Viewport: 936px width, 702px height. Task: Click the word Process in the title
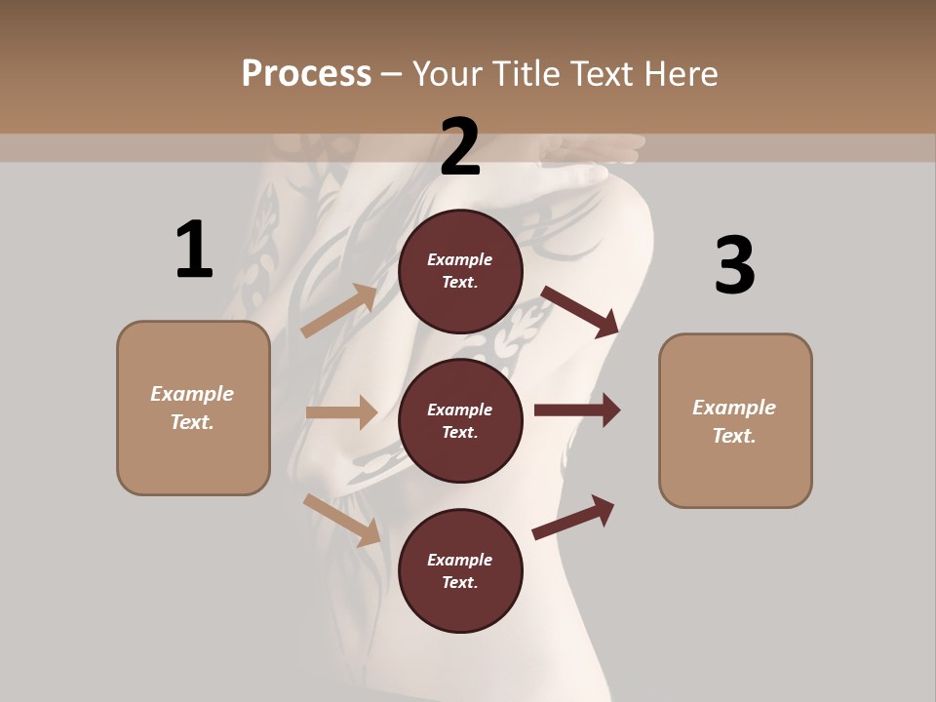(306, 74)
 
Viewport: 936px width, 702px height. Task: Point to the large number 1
(193, 251)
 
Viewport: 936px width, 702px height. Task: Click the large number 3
(734, 265)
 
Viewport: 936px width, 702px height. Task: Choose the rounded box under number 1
(193, 408)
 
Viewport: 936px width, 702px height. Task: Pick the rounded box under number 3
(735, 421)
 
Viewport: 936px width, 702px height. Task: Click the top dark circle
(460, 271)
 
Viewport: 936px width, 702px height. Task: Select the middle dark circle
(460, 421)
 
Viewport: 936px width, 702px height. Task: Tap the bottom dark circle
(460, 571)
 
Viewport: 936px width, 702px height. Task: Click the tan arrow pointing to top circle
(340, 310)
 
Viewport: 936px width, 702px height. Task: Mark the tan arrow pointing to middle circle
(341, 412)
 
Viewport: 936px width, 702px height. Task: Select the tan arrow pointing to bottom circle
(342, 520)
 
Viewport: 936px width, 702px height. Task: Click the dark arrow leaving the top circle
(580, 311)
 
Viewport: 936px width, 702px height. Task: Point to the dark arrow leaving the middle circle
(577, 410)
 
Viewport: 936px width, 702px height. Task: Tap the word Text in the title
(603, 74)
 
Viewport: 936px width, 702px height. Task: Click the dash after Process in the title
(392, 74)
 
